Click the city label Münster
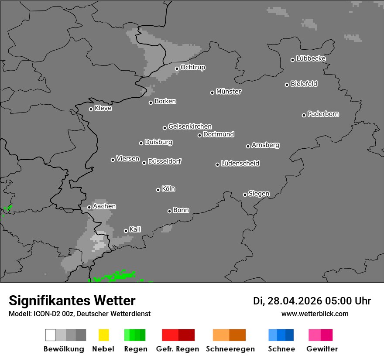(229, 92)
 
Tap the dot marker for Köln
(158, 190)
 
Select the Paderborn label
(323, 114)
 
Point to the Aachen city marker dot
(89, 207)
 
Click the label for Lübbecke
(311, 58)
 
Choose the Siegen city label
(259, 194)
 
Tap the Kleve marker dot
(91, 109)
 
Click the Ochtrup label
(193, 67)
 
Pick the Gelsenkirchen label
(190, 126)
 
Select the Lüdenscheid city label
(240, 163)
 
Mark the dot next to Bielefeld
(287, 85)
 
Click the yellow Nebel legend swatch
(103, 335)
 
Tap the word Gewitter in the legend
(322, 349)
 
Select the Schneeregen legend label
(230, 349)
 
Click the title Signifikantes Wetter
(72, 301)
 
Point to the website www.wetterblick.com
(315, 314)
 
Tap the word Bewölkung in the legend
(64, 349)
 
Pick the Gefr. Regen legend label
(178, 349)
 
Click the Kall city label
(135, 229)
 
